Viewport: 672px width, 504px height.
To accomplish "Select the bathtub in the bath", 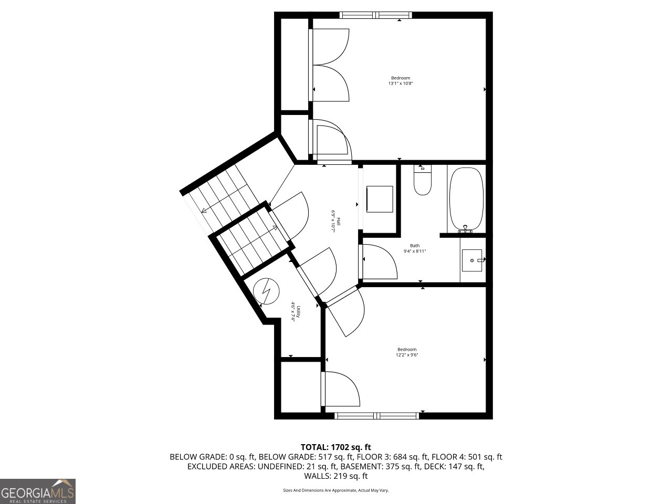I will pyautogui.click(x=466, y=199).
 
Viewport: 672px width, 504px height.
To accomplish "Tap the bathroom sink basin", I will pyautogui.click(x=472, y=260).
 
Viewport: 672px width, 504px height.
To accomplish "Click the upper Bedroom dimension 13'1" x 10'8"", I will pyautogui.click(x=401, y=83).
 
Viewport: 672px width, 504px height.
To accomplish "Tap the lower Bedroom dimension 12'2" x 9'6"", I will pyautogui.click(x=407, y=355).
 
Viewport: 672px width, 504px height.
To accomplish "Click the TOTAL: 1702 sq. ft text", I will pyautogui.click(x=335, y=447).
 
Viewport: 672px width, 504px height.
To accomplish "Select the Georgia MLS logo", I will pyautogui.click(x=38, y=491).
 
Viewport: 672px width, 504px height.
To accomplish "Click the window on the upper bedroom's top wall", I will pyautogui.click(x=375, y=15).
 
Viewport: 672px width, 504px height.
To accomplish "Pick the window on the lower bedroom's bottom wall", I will pyautogui.click(x=376, y=416).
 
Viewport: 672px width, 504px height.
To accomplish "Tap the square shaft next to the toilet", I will pyautogui.click(x=379, y=199).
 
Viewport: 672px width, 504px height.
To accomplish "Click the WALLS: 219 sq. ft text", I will pyautogui.click(x=335, y=476).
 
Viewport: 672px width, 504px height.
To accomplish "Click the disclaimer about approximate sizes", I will pyautogui.click(x=335, y=490).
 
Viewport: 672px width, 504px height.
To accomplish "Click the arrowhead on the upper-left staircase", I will pyautogui.click(x=204, y=211).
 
